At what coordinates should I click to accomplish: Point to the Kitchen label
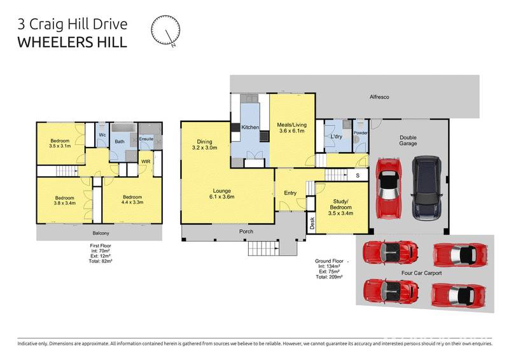pos(250,128)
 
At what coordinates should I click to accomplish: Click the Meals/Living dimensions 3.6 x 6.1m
pos(291,131)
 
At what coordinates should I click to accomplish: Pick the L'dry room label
pos(337,137)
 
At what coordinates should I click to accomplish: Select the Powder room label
pos(361,132)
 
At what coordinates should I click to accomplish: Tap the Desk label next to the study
pos(312,222)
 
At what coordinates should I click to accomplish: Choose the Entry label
pos(290,193)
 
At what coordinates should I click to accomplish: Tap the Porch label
pos(248,232)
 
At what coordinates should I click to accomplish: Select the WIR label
pos(146,162)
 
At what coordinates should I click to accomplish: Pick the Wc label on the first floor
pos(101,135)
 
